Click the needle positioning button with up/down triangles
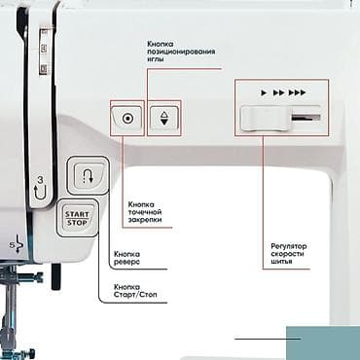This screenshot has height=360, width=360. (x=164, y=119)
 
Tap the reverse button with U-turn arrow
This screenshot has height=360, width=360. (x=83, y=177)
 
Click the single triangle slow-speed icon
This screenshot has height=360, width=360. (x=263, y=92)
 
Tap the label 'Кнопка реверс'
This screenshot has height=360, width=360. (x=130, y=258)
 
